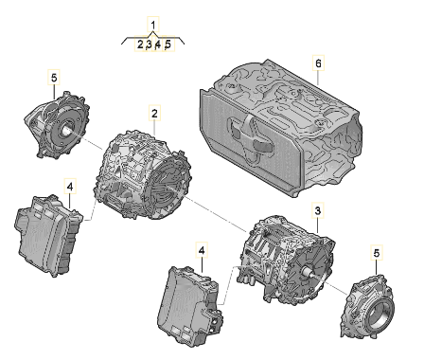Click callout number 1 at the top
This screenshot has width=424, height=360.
coord(153,25)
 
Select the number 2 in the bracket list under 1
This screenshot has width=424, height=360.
coord(140,45)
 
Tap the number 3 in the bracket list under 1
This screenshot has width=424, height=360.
coord(150,45)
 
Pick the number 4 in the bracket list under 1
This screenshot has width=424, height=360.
coord(158,45)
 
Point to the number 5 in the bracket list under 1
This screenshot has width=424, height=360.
coord(168,45)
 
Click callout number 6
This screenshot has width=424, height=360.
coord(318,63)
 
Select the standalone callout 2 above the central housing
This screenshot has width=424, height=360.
coord(154,113)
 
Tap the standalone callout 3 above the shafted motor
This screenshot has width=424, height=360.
coord(318,210)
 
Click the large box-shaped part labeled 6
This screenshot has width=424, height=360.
coord(281,128)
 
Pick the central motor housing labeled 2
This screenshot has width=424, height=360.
coord(143,176)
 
